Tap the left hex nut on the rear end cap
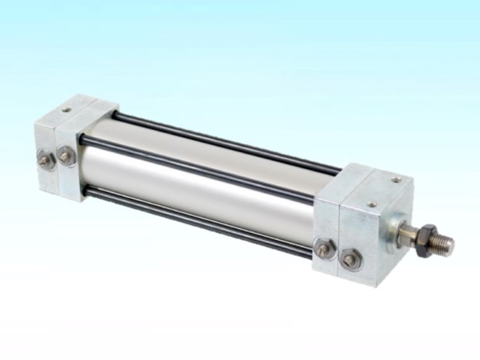pyautogui.click(x=43, y=160)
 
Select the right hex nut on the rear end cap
pyautogui.click(x=66, y=156)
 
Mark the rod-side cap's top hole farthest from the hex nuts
pyautogui.click(x=396, y=180)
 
